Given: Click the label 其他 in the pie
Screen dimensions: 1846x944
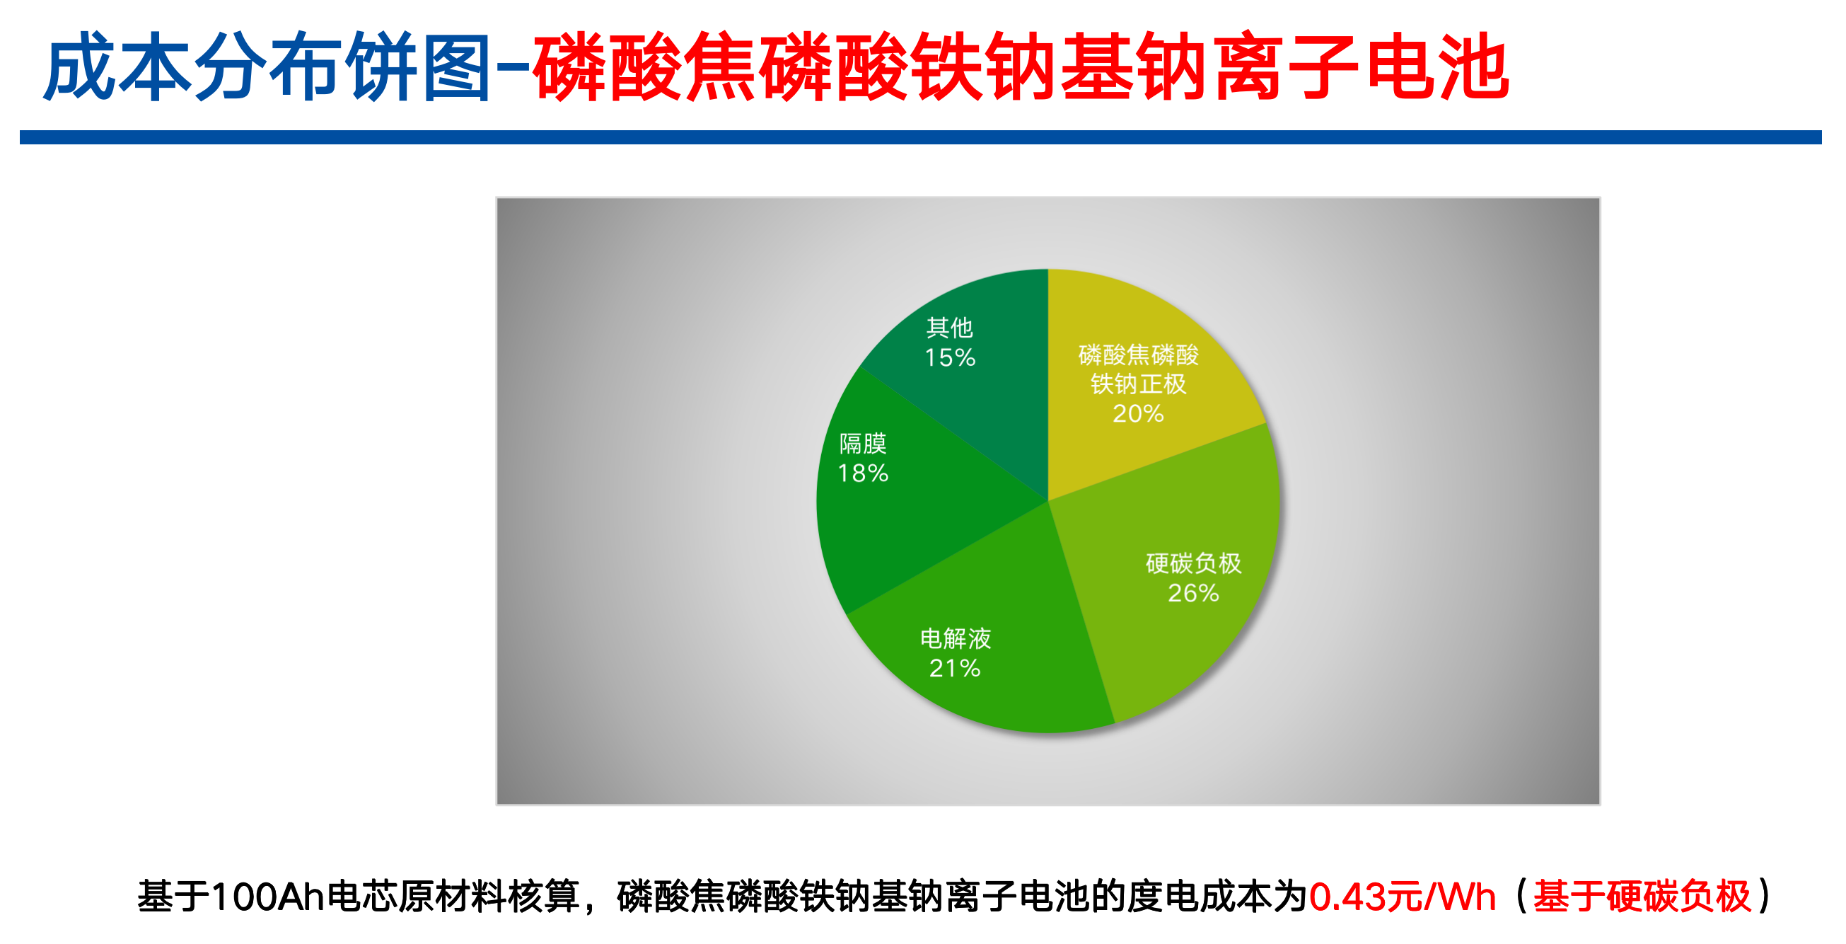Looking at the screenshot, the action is pyautogui.click(x=949, y=328).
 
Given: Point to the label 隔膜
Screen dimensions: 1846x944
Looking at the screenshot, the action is pyautogui.click(x=863, y=444).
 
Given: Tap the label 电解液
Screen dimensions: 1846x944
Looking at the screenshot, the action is pyautogui.click(x=956, y=638).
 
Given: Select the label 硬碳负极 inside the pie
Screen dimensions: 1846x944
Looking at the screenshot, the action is pyautogui.click(x=1193, y=563).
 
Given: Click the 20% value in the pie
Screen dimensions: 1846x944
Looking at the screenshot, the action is pyautogui.click(x=1138, y=413).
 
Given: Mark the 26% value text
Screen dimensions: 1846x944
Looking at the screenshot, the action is pyautogui.click(x=1193, y=593).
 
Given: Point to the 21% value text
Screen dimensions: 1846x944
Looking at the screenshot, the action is pyautogui.click(x=955, y=668).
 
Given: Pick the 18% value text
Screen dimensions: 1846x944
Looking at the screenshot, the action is pyautogui.click(x=863, y=473).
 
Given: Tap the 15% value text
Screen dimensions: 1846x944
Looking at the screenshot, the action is pyautogui.click(x=949, y=357).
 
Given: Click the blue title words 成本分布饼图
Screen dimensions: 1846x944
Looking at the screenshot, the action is pyautogui.click(x=267, y=67).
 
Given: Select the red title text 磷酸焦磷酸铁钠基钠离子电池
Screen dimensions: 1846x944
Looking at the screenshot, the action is pyautogui.click(x=1021, y=67).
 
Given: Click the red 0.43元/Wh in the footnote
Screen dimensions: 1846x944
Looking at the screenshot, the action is pyautogui.click(x=1403, y=897).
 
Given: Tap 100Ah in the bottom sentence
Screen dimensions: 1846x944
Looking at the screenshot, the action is pyautogui.click(x=269, y=897).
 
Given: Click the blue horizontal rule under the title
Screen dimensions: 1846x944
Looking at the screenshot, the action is pyautogui.click(x=921, y=137).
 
